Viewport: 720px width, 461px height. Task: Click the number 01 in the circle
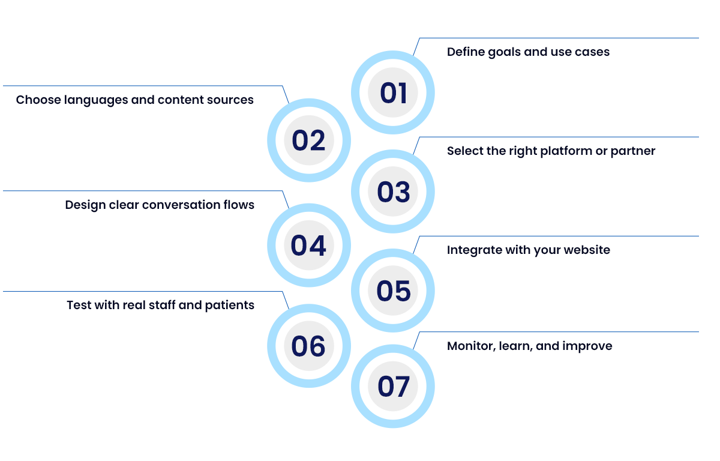point(393,93)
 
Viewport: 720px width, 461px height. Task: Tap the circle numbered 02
point(308,140)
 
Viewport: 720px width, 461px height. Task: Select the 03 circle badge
point(393,192)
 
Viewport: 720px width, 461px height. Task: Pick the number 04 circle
point(308,246)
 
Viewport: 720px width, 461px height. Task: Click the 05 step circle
point(393,291)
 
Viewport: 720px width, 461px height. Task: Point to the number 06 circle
point(308,346)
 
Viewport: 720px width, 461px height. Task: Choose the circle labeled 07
point(393,387)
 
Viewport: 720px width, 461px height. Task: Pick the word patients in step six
point(230,306)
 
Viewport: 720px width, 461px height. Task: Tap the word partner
point(633,151)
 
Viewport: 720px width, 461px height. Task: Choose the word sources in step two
point(231,100)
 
